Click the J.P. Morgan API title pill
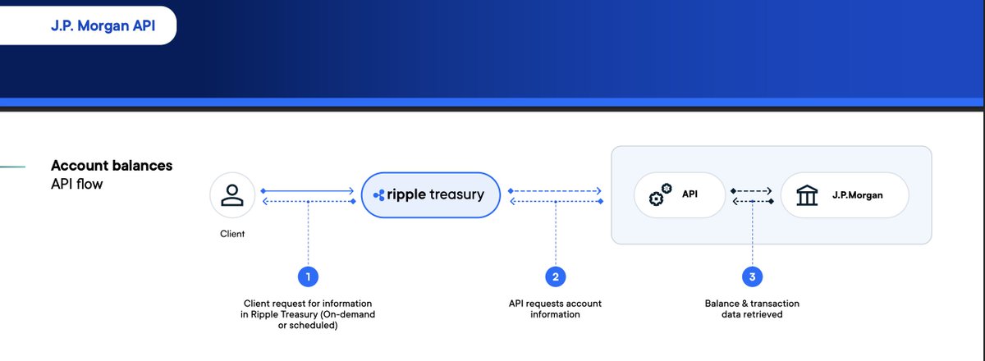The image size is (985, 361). (x=88, y=25)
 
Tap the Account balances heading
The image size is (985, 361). (x=112, y=166)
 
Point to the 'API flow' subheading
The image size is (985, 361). (x=77, y=184)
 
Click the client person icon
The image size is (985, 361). (x=232, y=195)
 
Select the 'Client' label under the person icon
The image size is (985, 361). (x=232, y=234)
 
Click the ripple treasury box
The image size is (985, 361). (x=430, y=194)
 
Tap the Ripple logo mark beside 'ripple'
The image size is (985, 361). (x=379, y=195)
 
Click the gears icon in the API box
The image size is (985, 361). (x=660, y=194)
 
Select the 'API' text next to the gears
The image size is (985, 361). (x=689, y=194)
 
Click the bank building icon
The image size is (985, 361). (x=807, y=195)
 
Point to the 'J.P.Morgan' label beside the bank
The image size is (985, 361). (x=857, y=195)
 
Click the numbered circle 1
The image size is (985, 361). (x=308, y=276)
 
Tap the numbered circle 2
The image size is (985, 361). (x=556, y=276)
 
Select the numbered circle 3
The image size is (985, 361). (x=752, y=276)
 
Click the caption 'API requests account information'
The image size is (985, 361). (x=555, y=308)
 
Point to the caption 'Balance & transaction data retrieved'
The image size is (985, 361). (x=752, y=308)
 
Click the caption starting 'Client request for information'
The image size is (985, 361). (x=308, y=314)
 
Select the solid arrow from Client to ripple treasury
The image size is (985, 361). (x=307, y=191)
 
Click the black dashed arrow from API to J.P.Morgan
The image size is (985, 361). (x=751, y=191)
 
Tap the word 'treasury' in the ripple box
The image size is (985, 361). (x=456, y=194)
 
